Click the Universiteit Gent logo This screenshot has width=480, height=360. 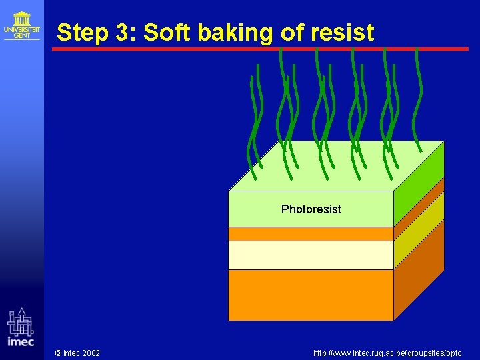21,25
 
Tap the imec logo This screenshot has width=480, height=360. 21,327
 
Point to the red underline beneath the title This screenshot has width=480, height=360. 260,49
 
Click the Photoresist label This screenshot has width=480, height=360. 311,209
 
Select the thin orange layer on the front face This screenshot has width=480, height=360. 311,234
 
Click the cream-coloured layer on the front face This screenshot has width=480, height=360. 311,255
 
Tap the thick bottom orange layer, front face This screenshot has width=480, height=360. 311,295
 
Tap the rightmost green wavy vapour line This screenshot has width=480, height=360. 418,100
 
